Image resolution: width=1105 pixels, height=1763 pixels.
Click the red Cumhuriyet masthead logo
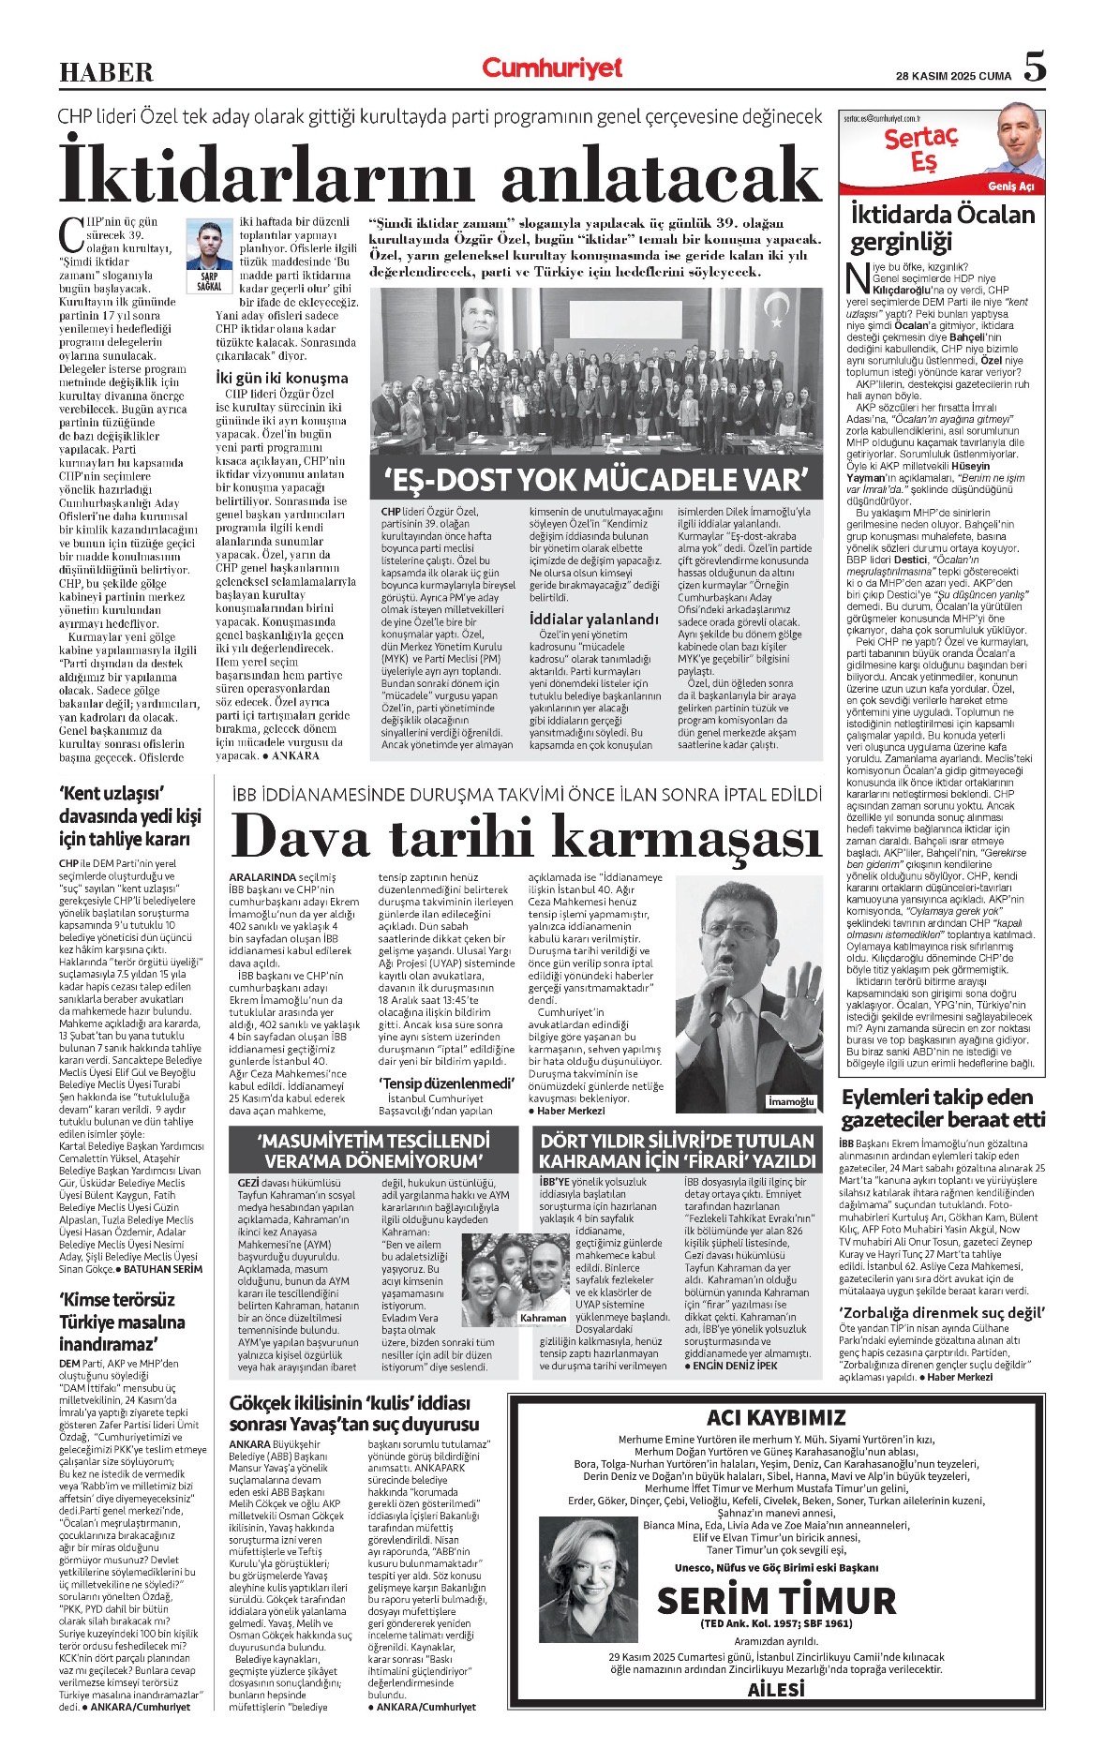tap(552, 67)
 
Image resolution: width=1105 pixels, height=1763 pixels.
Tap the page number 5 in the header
tap(1034, 67)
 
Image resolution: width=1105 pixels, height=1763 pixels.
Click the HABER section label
tap(106, 71)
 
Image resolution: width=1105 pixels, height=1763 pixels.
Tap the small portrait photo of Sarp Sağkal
tap(209, 246)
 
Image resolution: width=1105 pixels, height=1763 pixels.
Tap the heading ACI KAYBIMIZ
tap(776, 1417)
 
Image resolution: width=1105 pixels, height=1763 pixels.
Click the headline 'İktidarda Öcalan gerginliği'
tap(942, 228)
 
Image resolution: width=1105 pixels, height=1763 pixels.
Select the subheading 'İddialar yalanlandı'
tap(593, 620)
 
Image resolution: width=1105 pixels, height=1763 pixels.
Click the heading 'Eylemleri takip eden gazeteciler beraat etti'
tap(942, 1108)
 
